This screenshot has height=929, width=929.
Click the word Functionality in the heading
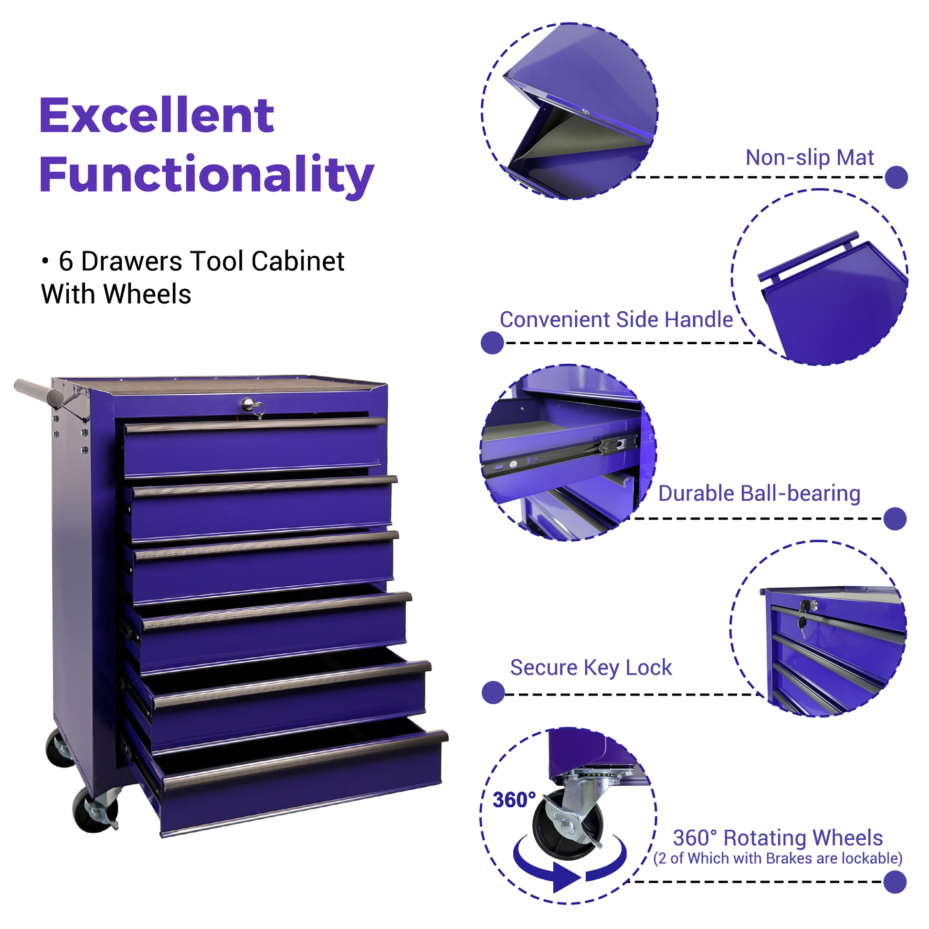207,175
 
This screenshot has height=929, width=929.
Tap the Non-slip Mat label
809,158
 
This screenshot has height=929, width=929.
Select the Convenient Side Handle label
616,320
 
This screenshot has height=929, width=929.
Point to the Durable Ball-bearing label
759,494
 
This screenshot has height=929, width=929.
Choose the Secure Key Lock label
591,668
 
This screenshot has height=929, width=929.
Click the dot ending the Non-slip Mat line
896,178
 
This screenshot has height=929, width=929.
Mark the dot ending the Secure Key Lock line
493,692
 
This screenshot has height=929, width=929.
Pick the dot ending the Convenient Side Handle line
492,343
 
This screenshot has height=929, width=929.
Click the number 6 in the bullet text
66,262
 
